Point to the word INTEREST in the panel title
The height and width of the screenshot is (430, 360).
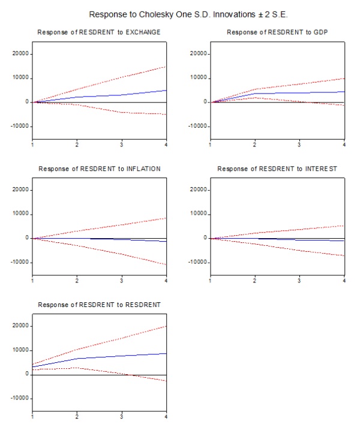click(317, 169)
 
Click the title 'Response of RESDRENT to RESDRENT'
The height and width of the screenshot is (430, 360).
click(99, 305)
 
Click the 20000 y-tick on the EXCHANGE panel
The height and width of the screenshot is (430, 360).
click(20, 53)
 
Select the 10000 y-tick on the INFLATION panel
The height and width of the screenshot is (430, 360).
click(20, 214)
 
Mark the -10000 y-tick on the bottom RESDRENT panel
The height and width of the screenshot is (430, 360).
click(19, 398)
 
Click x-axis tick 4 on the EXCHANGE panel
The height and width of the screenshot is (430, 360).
click(166, 145)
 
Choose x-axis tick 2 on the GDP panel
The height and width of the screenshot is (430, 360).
click(254, 145)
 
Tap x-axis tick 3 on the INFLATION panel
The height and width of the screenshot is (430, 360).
click(122, 281)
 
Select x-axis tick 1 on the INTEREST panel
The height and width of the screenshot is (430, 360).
click(210, 281)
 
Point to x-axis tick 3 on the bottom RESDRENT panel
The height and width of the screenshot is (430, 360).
click(122, 417)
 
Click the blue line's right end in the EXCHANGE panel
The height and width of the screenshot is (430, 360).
click(166, 91)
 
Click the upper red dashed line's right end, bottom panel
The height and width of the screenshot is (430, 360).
click(166, 326)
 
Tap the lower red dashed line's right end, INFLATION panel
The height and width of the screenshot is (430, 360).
click(166, 264)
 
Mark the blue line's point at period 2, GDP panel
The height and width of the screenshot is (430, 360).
click(254, 93)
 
